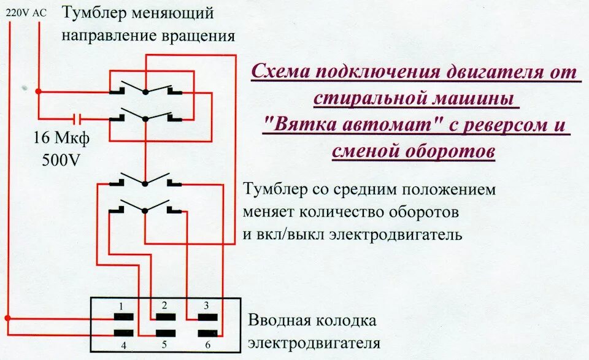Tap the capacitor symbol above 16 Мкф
click(77, 118)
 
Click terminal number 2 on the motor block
click(164, 317)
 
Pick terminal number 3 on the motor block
click(206, 317)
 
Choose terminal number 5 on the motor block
click(164, 333)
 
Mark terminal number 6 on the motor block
click(206, 333)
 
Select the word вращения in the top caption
click(198, 36)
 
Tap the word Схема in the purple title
click(280, 72)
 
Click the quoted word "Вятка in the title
click(296, 126)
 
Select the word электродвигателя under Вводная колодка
click(314, 342)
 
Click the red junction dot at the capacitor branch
click(38, 91)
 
